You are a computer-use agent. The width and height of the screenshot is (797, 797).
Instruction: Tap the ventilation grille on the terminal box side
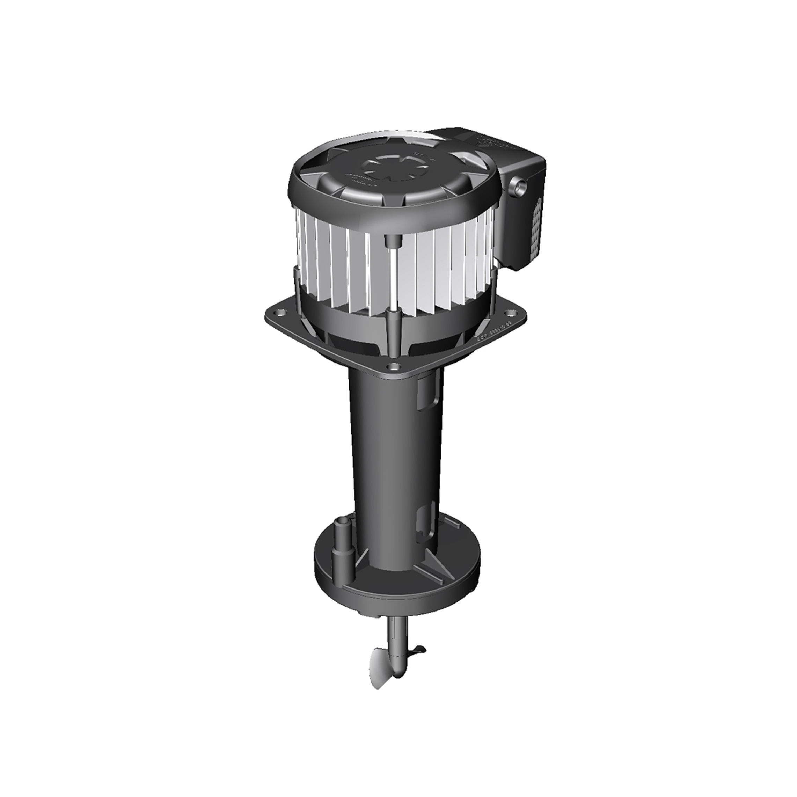point(537,227)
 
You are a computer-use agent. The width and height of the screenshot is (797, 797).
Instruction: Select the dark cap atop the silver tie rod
point(391,241)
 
